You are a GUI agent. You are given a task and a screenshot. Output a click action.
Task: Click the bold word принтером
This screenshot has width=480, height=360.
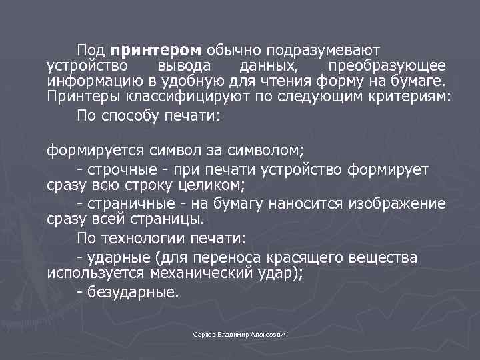tap(156, 51)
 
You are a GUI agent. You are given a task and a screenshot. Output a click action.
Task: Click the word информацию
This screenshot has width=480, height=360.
tap(85, 82)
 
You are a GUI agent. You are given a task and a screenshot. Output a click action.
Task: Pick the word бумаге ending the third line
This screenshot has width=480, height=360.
tap(418, 82)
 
